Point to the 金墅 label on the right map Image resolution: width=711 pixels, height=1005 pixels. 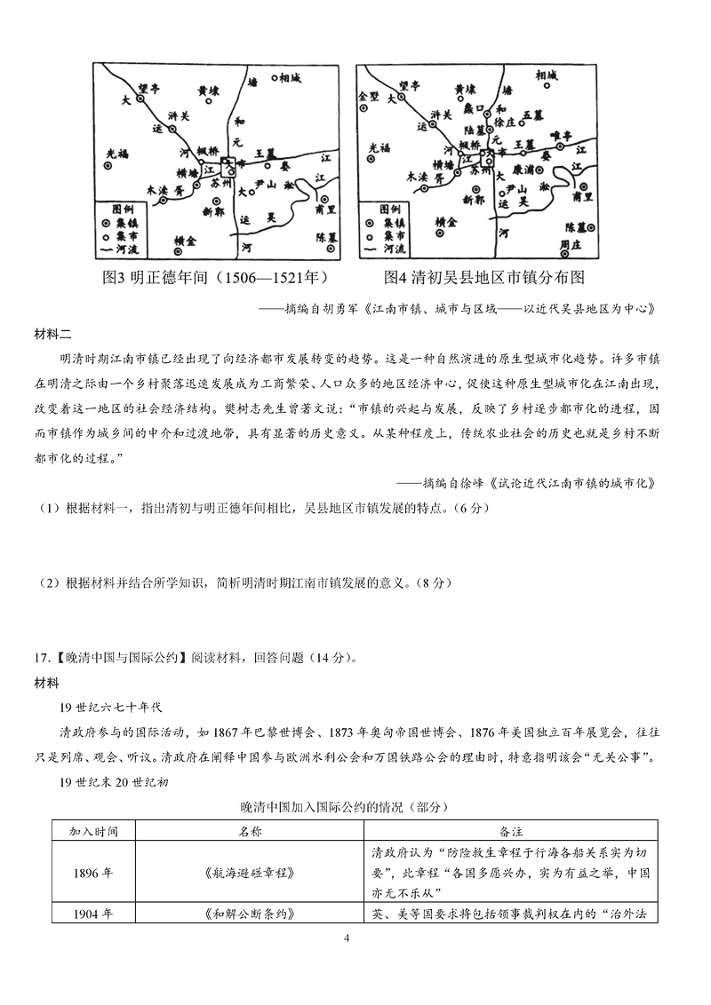368,95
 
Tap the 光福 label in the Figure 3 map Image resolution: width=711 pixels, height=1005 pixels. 116,150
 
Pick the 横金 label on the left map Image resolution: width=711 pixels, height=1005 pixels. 186,241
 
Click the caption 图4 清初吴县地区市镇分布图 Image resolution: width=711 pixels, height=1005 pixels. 484,278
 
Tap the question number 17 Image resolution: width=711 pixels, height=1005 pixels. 41,658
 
